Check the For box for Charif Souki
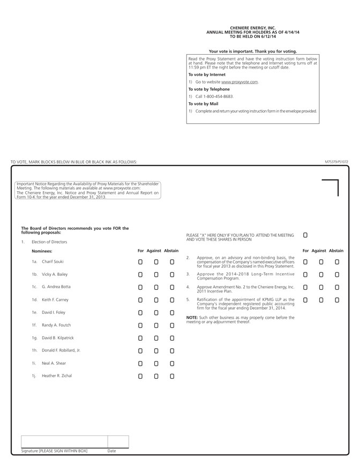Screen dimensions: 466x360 coord(140,262)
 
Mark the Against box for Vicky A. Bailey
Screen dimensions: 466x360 coord(156,274)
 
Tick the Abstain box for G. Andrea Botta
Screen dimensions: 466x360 coord(172,287)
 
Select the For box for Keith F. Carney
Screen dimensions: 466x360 coord(140,300)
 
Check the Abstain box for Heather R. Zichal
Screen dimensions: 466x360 coord(172,376)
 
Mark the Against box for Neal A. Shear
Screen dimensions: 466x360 coord(156,363)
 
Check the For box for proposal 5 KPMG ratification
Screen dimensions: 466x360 coord(305,300)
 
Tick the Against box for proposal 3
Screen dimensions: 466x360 coord(321,274)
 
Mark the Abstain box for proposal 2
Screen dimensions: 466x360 coord(337,262)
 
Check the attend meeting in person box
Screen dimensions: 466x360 coord(305,235)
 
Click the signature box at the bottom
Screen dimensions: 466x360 coord(64,441)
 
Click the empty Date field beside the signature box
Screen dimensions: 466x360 coord(118,441)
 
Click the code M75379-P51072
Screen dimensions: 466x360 coord(336,162)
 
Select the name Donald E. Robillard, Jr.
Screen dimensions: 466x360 coord(61,350)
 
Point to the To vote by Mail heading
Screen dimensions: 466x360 coord(203,104)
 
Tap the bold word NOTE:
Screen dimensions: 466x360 coord(192,317)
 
